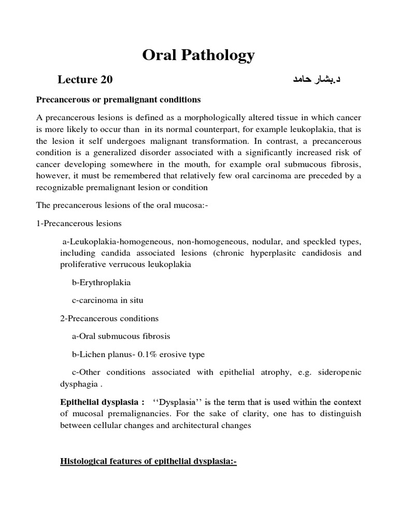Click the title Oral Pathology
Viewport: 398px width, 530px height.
click(x=198, y=55)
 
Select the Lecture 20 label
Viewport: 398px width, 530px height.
click(x=85, y=80)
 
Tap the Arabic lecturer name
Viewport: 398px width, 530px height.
click(x=310, y=80)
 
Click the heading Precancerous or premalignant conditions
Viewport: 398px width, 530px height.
click(x=118, y=99)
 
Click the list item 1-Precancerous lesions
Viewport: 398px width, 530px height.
click(x=79, y=223)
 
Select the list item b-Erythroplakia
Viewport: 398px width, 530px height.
click(x=102, y=283)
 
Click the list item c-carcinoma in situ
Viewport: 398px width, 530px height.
click(x=107, y=301)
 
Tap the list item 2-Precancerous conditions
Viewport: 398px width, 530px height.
click(x=109, y=318)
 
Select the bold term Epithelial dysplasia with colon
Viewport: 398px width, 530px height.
click(x=103, y=402)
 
